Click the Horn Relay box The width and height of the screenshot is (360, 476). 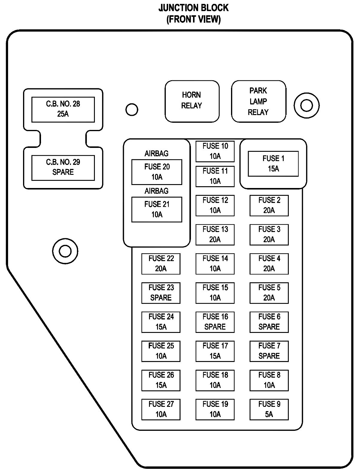[x=192, y=101]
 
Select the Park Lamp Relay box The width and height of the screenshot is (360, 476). [x=259, y=101]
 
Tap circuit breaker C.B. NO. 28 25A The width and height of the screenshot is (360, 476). [x=63, y=110]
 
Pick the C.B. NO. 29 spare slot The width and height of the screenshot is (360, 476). [x=63, y=168]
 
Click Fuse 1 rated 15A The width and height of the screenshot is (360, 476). [x=273, y=164]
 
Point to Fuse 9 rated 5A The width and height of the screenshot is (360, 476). [x=269, y=410]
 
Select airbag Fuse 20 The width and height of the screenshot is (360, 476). [x=157, y=172]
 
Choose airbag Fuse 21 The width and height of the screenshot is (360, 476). [x=157, y=210]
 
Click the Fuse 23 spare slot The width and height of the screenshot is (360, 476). [x=161, y=293]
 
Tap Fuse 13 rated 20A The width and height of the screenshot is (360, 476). [x=215, y=235]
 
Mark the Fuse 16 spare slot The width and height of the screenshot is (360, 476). [x=215, y=322]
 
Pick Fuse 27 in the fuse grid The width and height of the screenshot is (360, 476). [x=161, y=410]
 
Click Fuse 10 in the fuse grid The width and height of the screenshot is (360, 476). [x=215, y=151]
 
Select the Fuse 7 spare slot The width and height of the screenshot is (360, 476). [x=269, y=351]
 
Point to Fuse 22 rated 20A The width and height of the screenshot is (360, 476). [x=161, y=264]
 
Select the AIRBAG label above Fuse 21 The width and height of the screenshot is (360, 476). [x=157, y=191]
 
